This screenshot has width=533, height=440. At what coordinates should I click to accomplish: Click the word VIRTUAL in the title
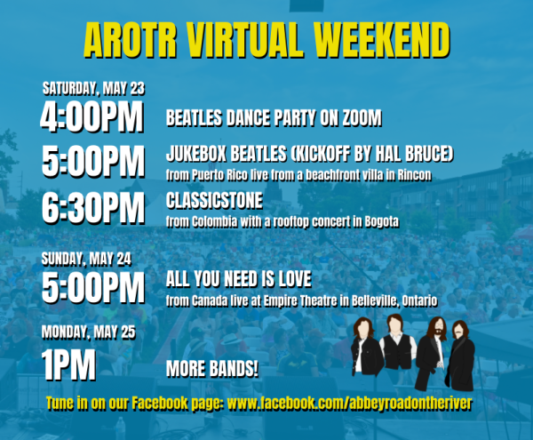click(244, 40)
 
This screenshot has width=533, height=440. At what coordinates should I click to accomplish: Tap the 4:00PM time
click(91, 116)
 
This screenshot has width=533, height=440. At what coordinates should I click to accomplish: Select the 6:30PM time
click(93, 208)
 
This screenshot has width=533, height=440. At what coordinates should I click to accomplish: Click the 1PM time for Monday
click(68, 365)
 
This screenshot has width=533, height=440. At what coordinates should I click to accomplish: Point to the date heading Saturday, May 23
click(93, 88)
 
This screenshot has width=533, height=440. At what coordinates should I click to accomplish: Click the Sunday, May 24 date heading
click(86, 259)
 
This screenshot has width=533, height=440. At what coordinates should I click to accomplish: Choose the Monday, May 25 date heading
click(88, 332)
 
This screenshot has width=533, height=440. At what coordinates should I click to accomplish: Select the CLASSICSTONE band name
click(214, 200)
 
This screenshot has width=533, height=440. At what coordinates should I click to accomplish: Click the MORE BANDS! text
click(212, 369)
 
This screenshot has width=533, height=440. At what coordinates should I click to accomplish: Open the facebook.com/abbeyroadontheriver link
click(349, 404)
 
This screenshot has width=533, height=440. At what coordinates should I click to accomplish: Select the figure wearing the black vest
click(397, 343)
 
